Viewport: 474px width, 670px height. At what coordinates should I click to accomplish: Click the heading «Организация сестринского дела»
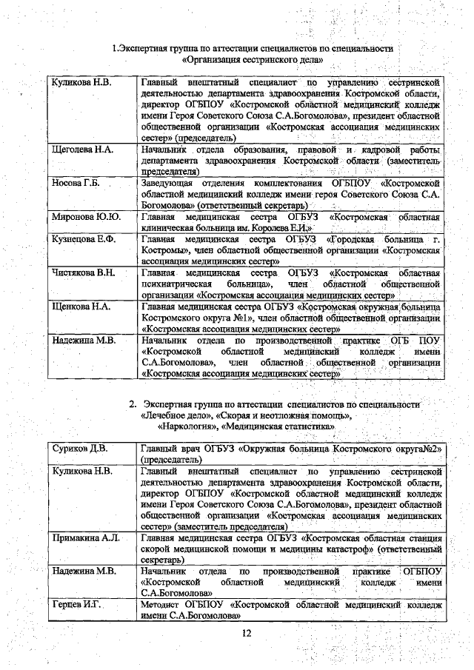pos(252,60)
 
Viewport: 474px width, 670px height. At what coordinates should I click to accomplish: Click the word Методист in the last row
pos(161,605)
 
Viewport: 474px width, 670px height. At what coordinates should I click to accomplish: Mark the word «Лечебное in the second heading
pos(165,415)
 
